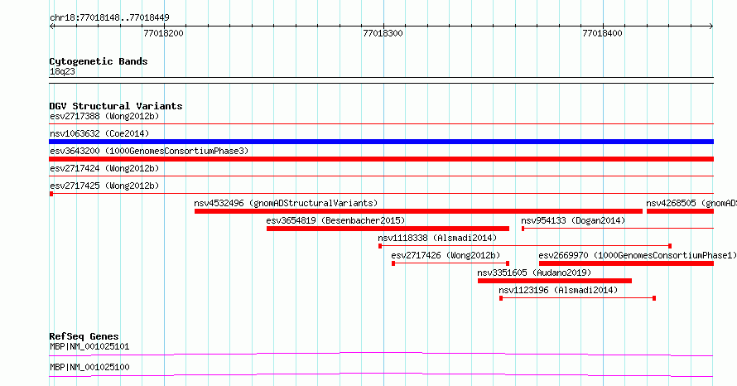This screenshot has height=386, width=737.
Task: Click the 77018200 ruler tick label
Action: point(164,33)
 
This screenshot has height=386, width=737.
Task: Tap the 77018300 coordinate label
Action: point(383,33)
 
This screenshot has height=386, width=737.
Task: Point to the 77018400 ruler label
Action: point(602,33)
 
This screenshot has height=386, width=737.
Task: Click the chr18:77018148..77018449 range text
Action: point(109,18)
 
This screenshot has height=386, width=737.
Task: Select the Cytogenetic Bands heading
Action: point(99,61)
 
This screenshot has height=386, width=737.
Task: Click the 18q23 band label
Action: point(62,71)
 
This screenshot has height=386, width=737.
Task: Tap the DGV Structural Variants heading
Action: point(116,106)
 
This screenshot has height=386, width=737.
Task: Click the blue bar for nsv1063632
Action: point(381,142)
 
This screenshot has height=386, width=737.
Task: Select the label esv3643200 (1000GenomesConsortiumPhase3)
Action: point(149,151)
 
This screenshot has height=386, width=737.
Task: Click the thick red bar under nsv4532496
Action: point(418,211)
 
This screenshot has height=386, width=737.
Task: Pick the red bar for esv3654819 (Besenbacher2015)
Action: point(388,229)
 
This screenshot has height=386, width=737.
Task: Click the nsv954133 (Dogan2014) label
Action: point(573,220)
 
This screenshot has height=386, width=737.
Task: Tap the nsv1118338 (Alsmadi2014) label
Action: point(437,238)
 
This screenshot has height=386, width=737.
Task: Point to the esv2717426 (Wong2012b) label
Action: point(446,255)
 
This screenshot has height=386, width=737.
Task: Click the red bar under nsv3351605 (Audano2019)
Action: point(555,281)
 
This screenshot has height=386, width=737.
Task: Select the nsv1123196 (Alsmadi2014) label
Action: point(558,290)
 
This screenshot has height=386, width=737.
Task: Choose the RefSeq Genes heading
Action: point(84,336)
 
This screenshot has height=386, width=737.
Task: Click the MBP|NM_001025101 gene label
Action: point(89,346)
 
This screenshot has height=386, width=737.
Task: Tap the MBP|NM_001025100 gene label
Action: point(89,367)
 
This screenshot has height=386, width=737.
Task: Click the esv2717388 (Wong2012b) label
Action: point(104,116)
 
